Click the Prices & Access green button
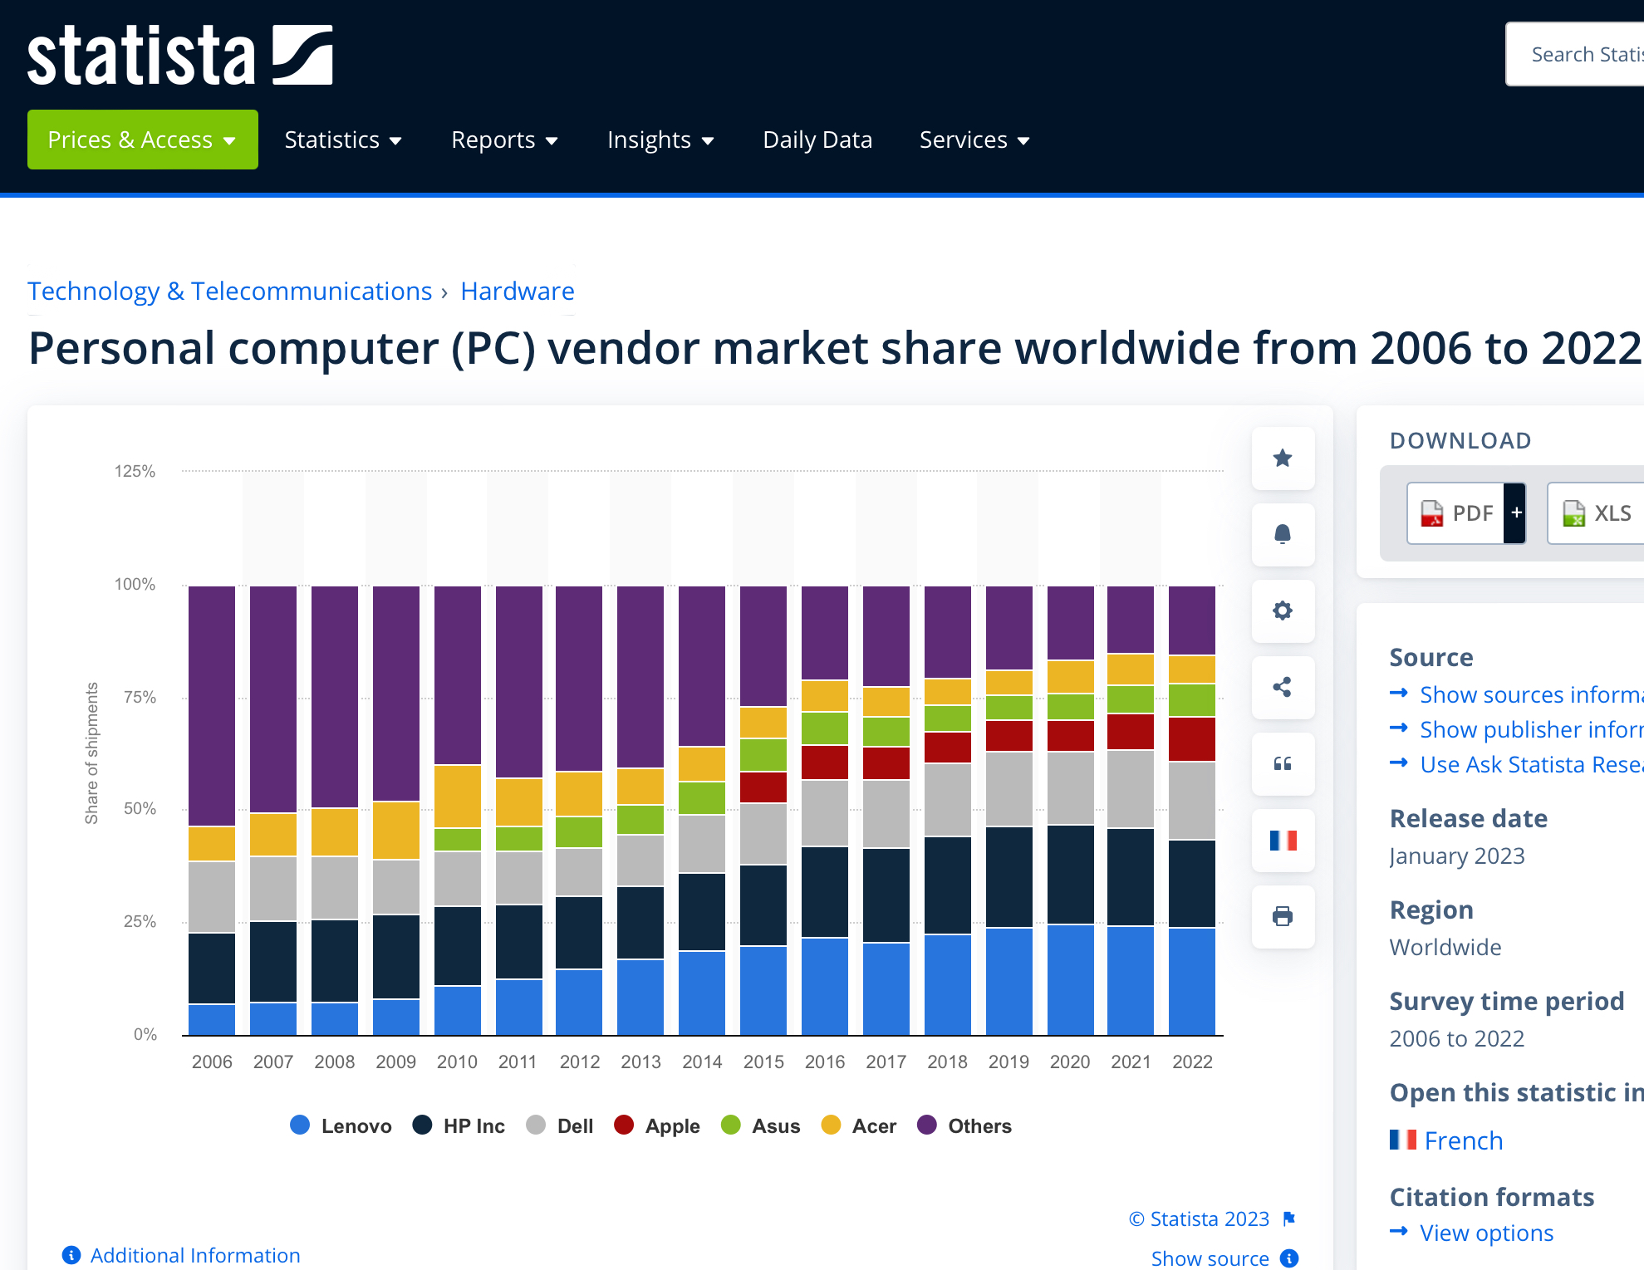[x=142, y=140]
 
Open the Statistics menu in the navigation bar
[x=342, y=140]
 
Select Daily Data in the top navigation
[x=817, y=140]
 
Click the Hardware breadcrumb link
[x=517, y=292]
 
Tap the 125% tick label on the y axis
[x=135, y=472]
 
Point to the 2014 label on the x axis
[x=702, y=1062]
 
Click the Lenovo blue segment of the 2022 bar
[x=1191, y=980]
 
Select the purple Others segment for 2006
[x=212, y=706]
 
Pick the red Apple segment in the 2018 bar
[x=947, y=748]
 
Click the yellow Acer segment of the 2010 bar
[x=457, y=796]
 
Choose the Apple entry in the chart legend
[x=657, y=1126]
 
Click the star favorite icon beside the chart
[x=1283, y=458]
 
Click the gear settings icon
[x=1283, y=611]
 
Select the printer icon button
[x=1283, y=916]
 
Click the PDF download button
[x=1456, y=513]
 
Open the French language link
[x=1463, y=1140]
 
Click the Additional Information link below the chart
[x=194, y=1255]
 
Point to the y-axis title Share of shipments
[x=91, y=753]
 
